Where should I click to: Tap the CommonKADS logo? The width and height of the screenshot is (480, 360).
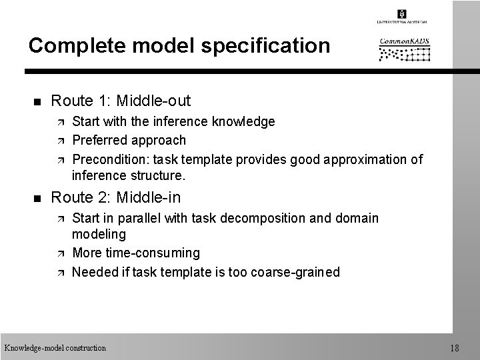[405, 49]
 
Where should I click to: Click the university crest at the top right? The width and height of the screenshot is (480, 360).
[401, 14]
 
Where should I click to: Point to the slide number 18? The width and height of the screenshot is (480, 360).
[455, 347]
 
